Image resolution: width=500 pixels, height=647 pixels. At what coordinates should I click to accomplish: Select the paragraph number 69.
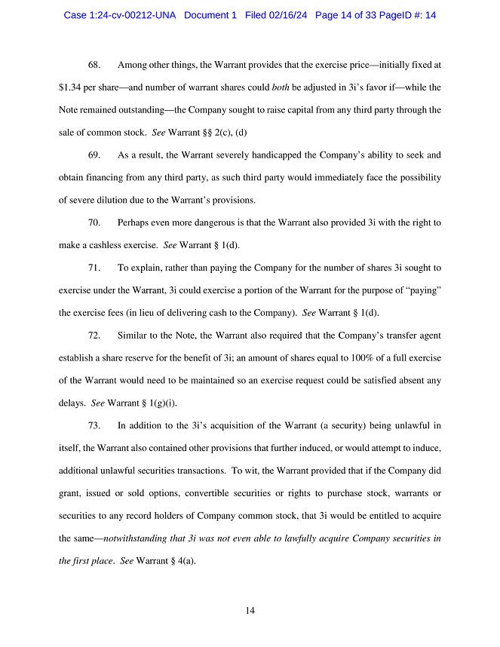[95, 155]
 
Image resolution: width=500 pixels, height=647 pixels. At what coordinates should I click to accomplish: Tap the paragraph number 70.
[95, 223]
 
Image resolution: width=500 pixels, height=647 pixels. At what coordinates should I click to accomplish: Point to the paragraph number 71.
[95, 268]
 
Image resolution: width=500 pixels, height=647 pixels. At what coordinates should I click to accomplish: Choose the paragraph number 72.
[95, 335]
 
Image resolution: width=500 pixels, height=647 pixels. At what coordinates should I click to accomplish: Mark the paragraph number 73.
[95, 425]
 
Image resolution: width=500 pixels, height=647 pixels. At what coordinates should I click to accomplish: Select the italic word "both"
[281, 88]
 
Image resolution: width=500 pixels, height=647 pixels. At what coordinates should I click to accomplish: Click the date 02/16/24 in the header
[276, 15]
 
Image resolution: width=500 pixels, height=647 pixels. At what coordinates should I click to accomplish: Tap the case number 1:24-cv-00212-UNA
[120, 15]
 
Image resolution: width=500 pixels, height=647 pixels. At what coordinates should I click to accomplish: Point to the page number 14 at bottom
[250, 610]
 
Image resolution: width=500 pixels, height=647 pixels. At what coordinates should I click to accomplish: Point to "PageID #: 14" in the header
[405, 15]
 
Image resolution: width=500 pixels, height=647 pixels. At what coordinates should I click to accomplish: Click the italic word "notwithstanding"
[138, 538]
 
